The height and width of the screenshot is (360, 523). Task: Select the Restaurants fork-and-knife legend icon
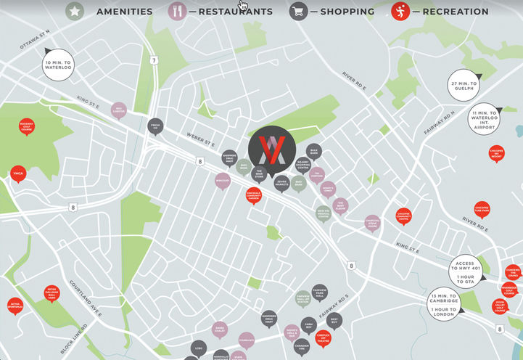click(176, 11)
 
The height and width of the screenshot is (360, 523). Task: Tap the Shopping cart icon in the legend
click(297, 11)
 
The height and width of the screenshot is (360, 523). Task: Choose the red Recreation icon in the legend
click(400, 11)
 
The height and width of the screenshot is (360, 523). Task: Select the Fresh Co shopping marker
click(155, 126)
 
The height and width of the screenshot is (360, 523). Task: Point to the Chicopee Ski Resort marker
click(497, 153)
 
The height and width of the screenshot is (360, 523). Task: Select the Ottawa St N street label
click(35, 41)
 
